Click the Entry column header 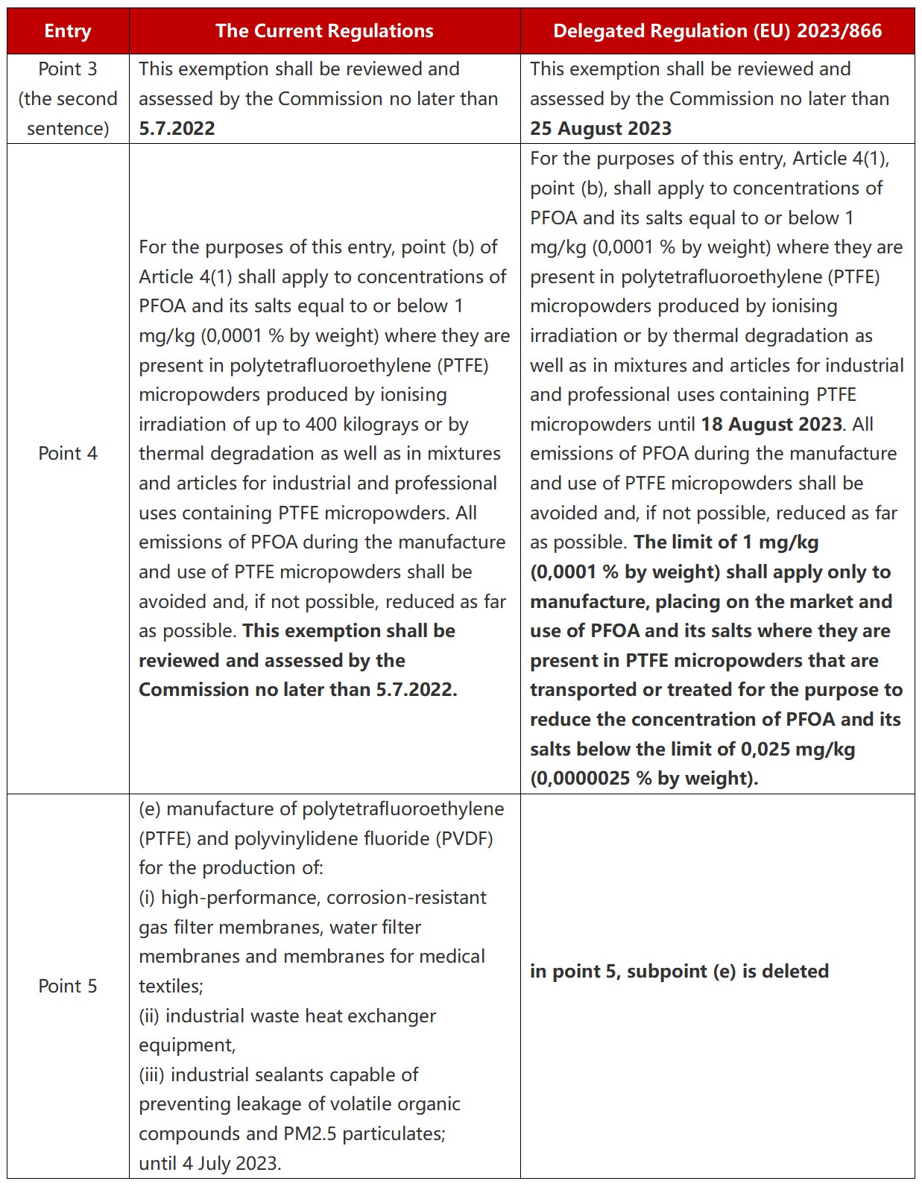(x=68, y=31)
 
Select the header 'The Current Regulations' (x=324, y=31)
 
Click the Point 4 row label (x=68, y=454)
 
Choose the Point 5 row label (x=68, y=987)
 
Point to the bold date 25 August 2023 (x=601, y=128)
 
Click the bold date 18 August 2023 (x=771, y=425)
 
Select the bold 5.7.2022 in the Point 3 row (x=177, y=128)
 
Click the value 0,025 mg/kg (x=798, y=750)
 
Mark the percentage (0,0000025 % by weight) (x=644, y=779)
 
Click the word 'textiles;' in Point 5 (x=171, y=987)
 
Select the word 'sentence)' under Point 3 (x=68, y=128)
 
